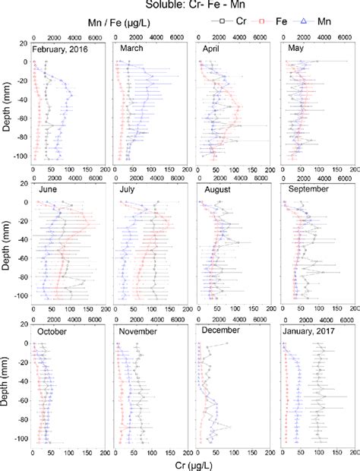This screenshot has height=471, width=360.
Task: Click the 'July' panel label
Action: coord(128,190)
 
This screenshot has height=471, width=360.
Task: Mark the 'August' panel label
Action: coord(216,189)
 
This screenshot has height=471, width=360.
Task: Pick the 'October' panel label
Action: coord(53,331)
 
